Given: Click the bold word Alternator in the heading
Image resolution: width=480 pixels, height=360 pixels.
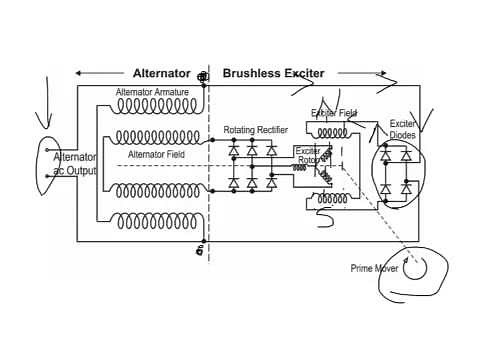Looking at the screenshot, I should tap(162, 73).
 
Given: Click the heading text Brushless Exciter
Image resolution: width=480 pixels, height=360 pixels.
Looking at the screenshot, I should tap(279, 73).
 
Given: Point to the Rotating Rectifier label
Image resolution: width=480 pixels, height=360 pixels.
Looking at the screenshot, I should tap(255, 130).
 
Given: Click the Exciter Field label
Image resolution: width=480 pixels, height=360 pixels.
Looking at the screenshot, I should tap(333, 113).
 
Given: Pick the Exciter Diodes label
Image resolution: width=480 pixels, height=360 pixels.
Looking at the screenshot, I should tap(403, 129).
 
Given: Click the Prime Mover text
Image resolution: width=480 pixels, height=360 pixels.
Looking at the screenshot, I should tap(374, 268).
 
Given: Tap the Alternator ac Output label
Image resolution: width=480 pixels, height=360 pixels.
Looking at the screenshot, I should tap(74, 164).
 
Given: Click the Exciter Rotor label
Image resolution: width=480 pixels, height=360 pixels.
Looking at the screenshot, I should tap(308, 156).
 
